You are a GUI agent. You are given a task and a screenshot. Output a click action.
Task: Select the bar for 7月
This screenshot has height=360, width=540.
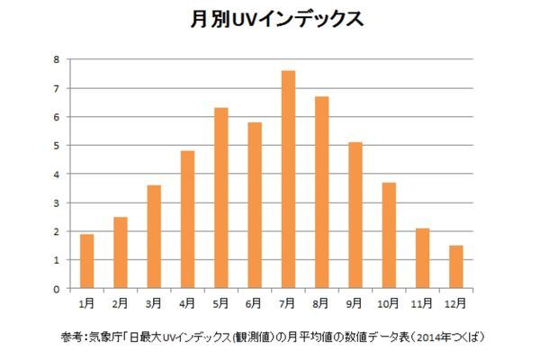(288, 180)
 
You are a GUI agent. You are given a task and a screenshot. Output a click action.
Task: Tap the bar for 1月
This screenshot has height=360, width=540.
(86, 262)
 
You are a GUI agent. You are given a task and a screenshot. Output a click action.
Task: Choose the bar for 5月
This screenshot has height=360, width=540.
(220, 199)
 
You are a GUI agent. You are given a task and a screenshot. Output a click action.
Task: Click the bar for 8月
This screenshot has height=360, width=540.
(321, 193)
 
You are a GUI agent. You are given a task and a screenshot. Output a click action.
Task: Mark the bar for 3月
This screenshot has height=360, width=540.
(154, 238)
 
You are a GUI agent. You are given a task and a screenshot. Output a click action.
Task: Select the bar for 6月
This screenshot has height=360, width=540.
(255, 206)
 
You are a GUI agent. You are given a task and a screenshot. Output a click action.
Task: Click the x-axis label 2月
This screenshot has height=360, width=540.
(121, 302)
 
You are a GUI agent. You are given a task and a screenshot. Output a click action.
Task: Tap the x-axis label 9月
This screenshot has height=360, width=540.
(355, 302)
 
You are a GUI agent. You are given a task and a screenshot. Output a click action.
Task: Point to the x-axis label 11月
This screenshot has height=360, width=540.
(422, 302)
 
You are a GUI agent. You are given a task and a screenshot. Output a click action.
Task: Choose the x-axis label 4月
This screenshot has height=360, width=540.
(187, 302)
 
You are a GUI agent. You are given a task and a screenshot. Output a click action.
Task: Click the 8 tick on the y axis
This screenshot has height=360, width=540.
(57, 60)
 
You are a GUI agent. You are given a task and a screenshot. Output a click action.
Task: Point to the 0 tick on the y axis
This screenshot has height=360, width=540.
(57, 290)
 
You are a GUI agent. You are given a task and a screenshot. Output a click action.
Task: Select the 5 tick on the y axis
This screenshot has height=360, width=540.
(57, 146)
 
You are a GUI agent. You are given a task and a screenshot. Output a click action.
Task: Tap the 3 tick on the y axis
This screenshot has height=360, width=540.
(57, 203)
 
